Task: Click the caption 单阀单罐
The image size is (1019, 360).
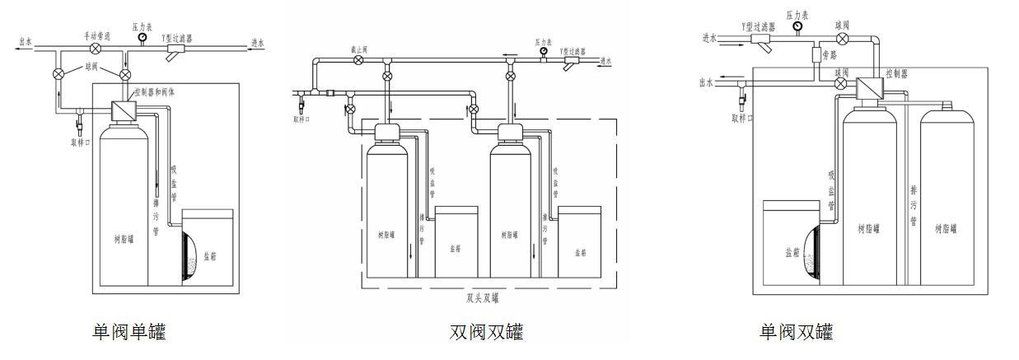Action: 129,332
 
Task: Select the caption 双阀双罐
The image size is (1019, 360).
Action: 486,332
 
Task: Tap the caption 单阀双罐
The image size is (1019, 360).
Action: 796,332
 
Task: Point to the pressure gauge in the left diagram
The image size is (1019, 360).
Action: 143,38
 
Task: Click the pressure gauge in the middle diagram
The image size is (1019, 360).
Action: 544,52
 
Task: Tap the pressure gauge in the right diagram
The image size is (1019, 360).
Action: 797,26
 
